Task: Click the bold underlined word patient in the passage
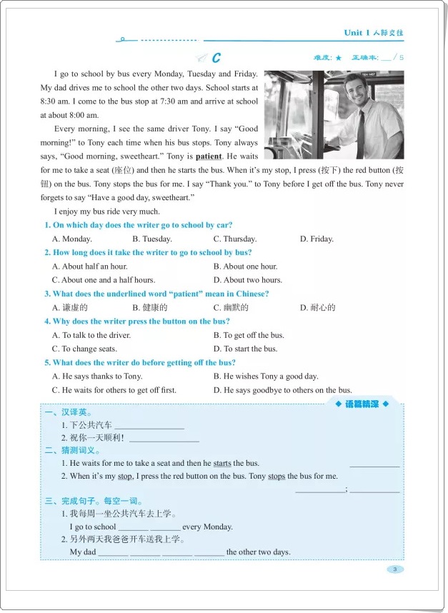coord(209,156)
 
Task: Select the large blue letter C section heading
coord(216,58)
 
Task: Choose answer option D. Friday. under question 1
coord(317,239)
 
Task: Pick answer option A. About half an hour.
coord(89,266)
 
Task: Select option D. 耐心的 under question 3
coord(318,308)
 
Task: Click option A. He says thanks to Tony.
coord(97,377)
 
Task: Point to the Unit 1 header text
coord(378,33)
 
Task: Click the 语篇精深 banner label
coord(362,405)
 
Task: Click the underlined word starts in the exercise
coord(222,464)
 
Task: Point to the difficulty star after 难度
coord(339,58)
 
